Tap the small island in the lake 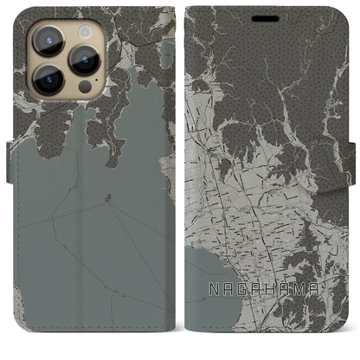coord(106,199)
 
